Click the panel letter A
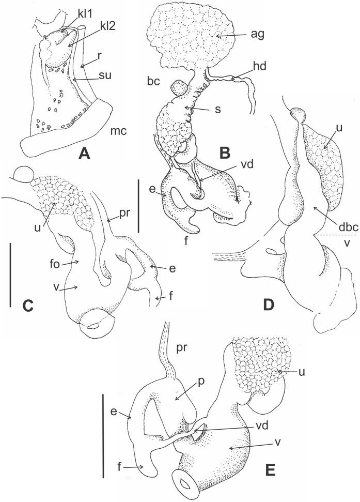(x=82, y=153)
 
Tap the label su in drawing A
(x=95, y=79)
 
